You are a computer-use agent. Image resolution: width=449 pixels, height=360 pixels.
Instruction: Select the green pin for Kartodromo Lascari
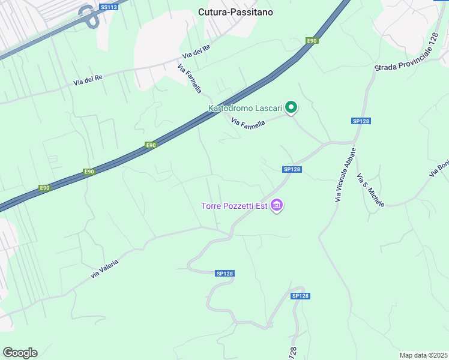pos(291,108)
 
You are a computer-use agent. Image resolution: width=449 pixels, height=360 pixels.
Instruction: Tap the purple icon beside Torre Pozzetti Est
pos(277,206)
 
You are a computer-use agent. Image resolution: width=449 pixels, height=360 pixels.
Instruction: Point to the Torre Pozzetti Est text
pos(234,207)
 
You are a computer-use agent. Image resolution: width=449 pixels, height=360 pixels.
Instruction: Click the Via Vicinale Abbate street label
pos(345,175)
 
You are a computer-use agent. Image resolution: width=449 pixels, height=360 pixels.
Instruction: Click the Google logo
pos(20,353)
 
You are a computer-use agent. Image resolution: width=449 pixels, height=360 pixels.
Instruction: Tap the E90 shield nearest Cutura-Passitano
pos(311,41)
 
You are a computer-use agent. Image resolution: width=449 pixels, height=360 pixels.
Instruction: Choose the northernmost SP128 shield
pos(361,121)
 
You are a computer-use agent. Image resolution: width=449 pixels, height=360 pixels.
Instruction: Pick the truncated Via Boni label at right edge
pos(439,168)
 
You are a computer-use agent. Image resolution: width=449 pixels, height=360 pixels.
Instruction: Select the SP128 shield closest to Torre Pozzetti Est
pos(292,169)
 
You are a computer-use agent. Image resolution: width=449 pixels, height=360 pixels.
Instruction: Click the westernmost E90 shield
pos(44,188)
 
